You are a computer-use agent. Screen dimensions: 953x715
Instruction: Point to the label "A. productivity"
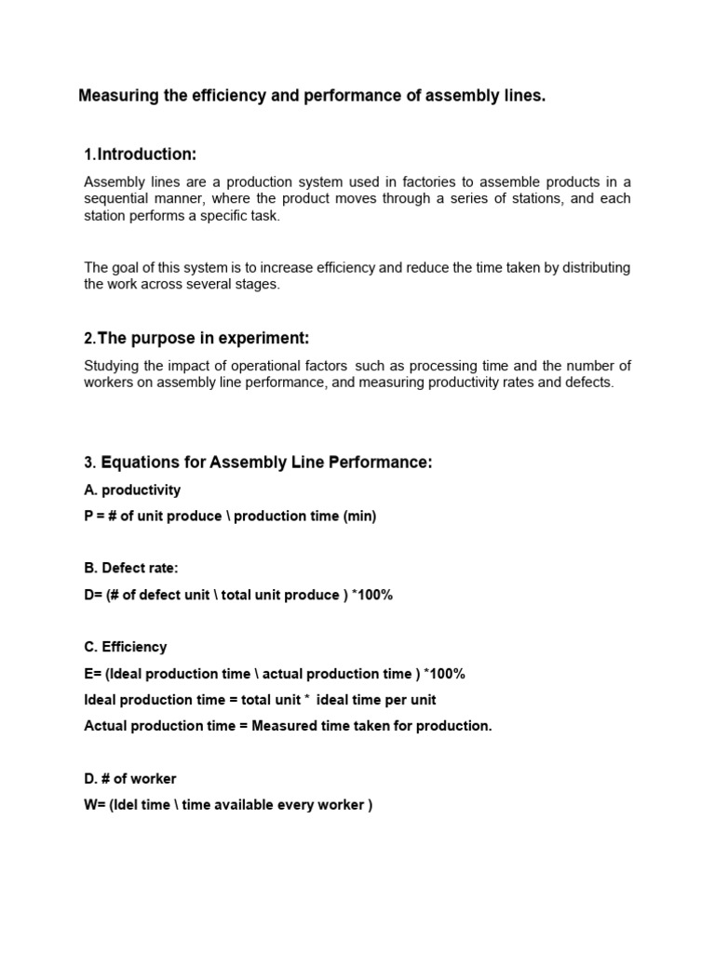[132, 490]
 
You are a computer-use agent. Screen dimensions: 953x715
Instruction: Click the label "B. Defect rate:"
[130, 569]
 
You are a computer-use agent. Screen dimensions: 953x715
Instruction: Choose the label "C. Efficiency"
[126, 647]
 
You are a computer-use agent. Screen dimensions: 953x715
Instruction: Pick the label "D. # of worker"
[130, 778]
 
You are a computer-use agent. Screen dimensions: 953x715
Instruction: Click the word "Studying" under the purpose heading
[110, 365]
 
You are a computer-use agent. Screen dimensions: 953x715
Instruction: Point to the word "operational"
[237, 365]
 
